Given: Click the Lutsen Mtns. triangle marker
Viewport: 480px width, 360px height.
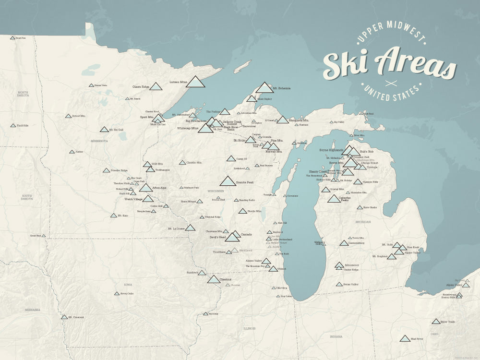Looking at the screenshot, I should tap(195, 82).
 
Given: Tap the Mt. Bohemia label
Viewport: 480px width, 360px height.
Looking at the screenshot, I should tap(282, 88).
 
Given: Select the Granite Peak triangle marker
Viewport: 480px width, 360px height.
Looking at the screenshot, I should tap(228, 181).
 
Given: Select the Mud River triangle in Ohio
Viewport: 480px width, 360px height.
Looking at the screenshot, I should tap(405, 338).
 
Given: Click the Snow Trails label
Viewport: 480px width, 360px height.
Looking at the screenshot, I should tap(448, 322).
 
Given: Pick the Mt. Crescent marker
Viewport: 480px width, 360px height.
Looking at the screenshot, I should tap(64, 317).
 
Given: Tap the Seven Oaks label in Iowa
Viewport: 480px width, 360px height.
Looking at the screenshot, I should tap(127, 293).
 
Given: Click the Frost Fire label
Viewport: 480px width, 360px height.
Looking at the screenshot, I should tap(21, 37).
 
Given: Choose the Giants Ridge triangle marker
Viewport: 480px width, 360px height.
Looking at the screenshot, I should tap(156, 87).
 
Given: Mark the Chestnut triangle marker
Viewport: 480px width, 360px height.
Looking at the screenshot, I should tap(214, 279).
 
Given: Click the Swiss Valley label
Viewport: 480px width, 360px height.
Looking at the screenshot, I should tap(350, 284).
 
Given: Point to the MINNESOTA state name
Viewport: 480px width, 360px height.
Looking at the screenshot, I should tap(99, 141).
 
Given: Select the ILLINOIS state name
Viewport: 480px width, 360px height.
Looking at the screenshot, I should tap(249, 328).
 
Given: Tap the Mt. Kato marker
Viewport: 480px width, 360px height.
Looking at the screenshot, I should tap(114, 216).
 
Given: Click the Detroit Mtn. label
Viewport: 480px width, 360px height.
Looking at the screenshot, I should tap(79, 116).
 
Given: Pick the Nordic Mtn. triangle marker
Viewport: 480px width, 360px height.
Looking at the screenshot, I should tap(242, 211).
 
